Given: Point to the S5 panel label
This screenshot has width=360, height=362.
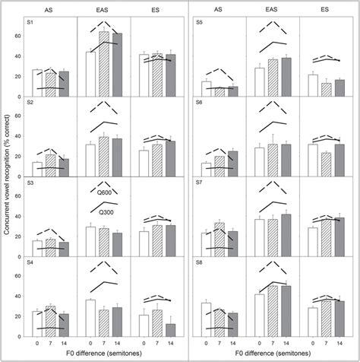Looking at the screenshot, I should point(197,23).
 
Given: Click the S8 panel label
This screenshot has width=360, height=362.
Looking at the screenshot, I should point(197,268).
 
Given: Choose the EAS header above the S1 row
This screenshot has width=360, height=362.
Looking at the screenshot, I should point(103,10).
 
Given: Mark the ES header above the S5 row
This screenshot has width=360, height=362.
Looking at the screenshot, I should point(324,10).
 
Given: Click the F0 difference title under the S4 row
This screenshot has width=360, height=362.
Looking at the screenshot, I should point(102,355).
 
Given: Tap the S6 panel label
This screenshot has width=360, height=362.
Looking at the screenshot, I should point(197,105).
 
